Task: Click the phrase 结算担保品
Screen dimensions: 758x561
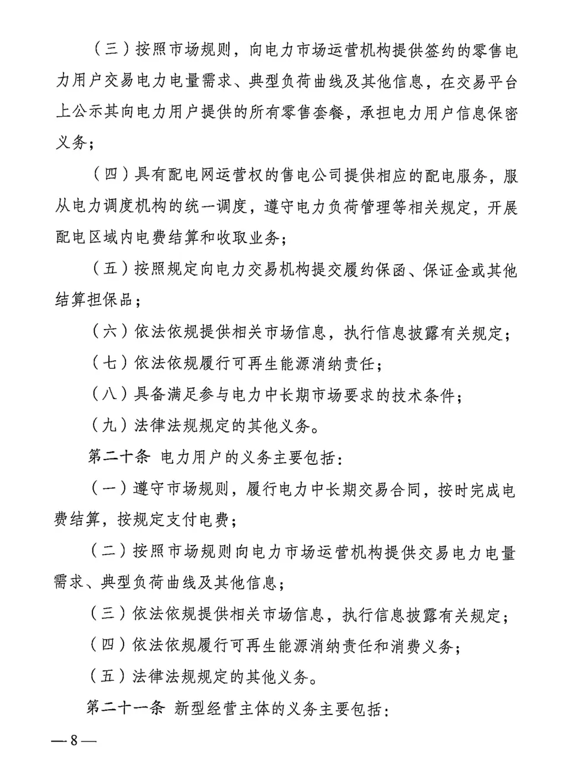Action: [x=94, y=300]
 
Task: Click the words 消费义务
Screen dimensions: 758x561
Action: [x=421, y=646]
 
